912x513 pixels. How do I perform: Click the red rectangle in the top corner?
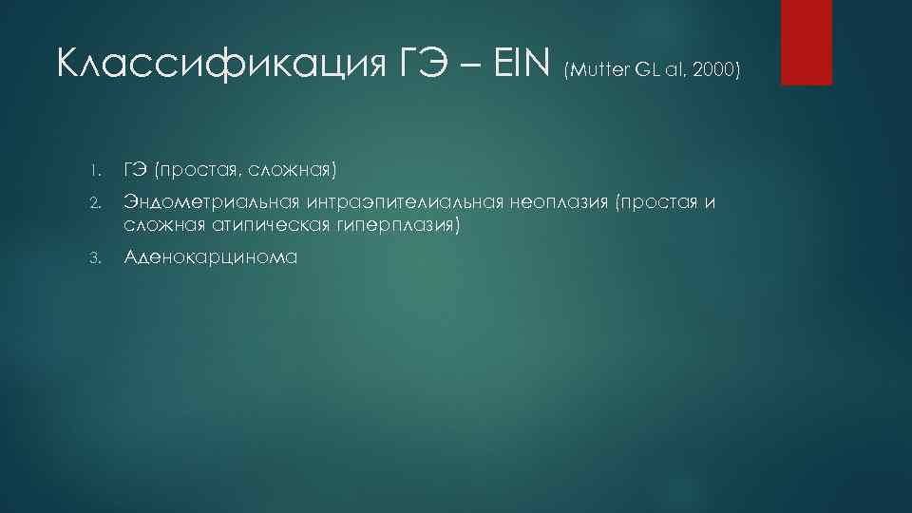coord(806,42)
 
